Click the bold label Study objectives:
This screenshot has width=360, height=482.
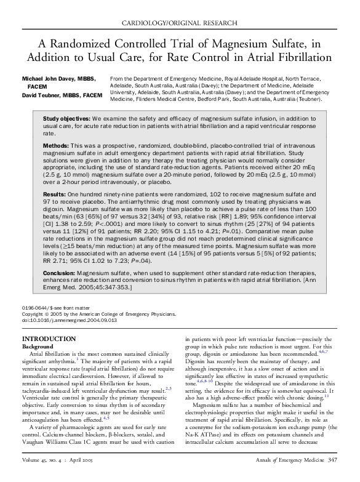click(66, 118)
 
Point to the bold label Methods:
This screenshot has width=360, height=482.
click(56, 145)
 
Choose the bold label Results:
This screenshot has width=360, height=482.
click(55, 193)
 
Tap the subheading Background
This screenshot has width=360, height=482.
click(38, 347)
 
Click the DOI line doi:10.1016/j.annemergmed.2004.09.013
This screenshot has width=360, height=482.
click(70, 321)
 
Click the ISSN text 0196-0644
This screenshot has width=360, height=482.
click(35, 307)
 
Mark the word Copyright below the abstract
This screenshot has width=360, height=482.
click(33, 313)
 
